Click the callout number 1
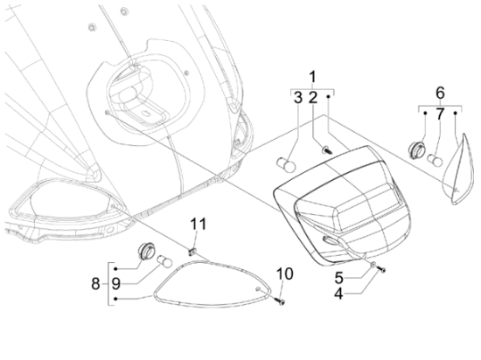click(312, 77)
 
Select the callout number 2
click(312, 98)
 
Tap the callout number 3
click(298, 98)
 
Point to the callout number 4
click(338, 294)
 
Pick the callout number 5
click(338, 278)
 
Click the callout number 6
click(440, 93)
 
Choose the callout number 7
click(440, 114)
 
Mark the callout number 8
click(95, 284)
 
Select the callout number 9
click(115, 284)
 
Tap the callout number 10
click(285, 273)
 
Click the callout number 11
click(199, 224)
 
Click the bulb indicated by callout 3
click(286, 165)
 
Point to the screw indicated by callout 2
click(327, 150)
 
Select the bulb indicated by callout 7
click(435, 160)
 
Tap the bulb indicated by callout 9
click(165, 261)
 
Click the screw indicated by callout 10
click(280, 301)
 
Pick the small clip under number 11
click(192, 252)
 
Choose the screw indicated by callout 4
click(381, 269)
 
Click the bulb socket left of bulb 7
click(415, 150)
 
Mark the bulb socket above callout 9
click(145, 250)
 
